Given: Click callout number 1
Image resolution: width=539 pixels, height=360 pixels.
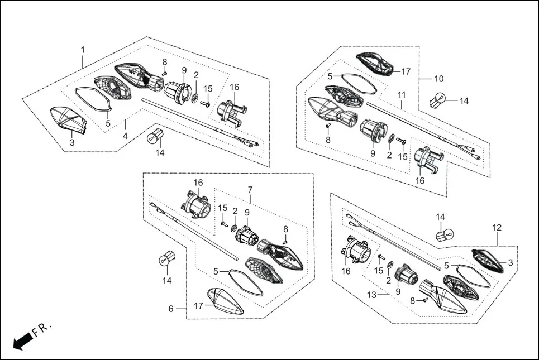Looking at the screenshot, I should (x=83, y=50).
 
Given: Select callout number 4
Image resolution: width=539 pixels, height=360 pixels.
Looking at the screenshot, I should (x=125, y=136).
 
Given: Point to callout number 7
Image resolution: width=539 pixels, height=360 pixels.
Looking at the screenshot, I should (x=250, y=190).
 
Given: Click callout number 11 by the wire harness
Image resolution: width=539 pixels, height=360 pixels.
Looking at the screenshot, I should (x=401, y=94).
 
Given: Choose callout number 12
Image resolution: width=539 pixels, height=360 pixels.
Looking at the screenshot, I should (x=497, y=227).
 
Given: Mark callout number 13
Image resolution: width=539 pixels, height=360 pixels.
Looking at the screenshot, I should (x=371, y=294).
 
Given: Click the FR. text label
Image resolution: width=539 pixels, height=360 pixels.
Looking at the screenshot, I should (x=42, y=329).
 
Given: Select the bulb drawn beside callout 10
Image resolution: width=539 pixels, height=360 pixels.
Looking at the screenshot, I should (x=439, y=102).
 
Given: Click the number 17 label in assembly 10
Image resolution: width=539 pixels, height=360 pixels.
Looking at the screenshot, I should (x=406, y=71).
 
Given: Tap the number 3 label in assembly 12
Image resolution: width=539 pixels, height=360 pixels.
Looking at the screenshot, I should (x=510, y=262).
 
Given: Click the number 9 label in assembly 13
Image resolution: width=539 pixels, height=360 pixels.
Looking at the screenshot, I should (x=398, y=291).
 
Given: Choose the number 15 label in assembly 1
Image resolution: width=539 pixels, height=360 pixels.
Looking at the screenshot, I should (x=208, y=88).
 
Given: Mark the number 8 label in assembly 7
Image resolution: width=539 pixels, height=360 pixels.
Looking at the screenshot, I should (x=285, y=229).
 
